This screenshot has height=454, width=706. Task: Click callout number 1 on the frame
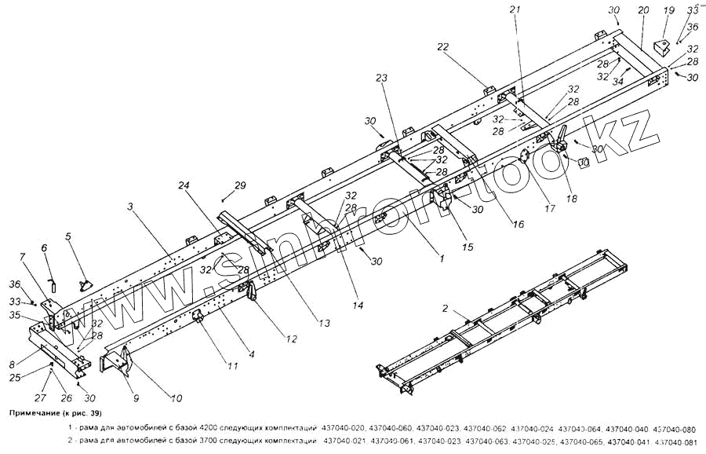coord(442,257)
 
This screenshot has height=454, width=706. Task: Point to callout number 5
coord(68,236)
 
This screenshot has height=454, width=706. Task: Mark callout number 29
coord(241,185)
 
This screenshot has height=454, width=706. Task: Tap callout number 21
coord(514,9)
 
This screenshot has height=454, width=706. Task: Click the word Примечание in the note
coord(37,412)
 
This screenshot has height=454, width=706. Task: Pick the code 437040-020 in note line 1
coord(346,428)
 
